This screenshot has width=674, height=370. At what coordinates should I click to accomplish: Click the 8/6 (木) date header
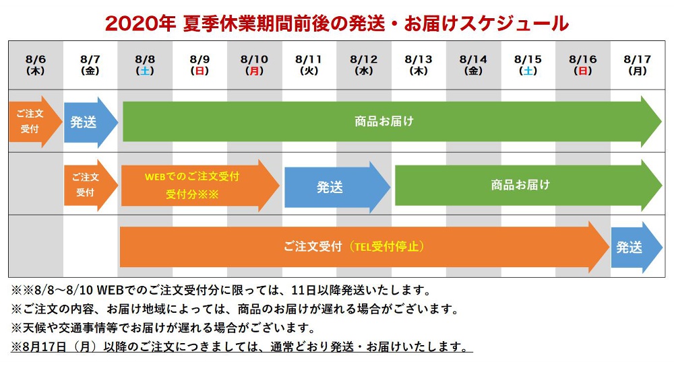coord(35,65)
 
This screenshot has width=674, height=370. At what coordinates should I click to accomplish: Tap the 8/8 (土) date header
coord(145,65)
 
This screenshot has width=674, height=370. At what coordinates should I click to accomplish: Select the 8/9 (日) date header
coord(200,65)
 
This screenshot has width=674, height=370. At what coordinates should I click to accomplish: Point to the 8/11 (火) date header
coord(309,65)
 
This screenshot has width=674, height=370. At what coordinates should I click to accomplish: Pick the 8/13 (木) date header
coord(419,65)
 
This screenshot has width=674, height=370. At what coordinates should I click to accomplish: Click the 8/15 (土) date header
coord(528,65)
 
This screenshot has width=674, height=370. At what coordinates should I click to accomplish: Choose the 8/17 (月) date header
coord(637,65)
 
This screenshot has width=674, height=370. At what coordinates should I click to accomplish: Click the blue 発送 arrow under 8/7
coord(91,122)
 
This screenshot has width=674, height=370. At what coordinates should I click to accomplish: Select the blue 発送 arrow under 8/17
coord(637,248)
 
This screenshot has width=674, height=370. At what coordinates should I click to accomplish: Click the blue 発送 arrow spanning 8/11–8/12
coord(338,187)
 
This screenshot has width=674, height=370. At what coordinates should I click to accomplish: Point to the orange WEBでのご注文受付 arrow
coord(200,186)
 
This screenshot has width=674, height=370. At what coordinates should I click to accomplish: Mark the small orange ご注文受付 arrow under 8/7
coord(91,185)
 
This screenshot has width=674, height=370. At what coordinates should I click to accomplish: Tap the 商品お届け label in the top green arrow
coord(384,122)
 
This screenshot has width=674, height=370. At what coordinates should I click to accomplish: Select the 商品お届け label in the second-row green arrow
coord(520,185)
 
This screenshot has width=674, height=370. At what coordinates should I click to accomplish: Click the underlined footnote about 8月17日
coord(241,347)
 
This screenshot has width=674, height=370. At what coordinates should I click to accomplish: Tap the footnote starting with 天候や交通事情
coord(163,328)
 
